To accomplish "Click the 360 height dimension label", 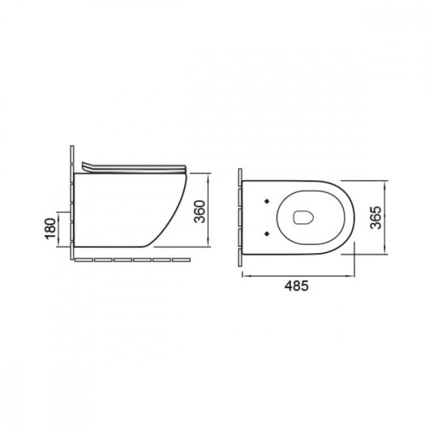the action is [199, 212].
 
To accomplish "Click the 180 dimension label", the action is [51, 228].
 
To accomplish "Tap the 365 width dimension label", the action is [375, 217].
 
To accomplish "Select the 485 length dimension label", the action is [296, 286].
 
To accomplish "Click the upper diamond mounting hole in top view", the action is [267, 201].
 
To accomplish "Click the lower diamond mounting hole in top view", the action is [267, 233].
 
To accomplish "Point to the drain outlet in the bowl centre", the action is [303, 217].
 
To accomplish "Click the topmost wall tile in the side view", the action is [72, 154].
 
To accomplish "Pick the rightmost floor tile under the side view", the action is [181, 260].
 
